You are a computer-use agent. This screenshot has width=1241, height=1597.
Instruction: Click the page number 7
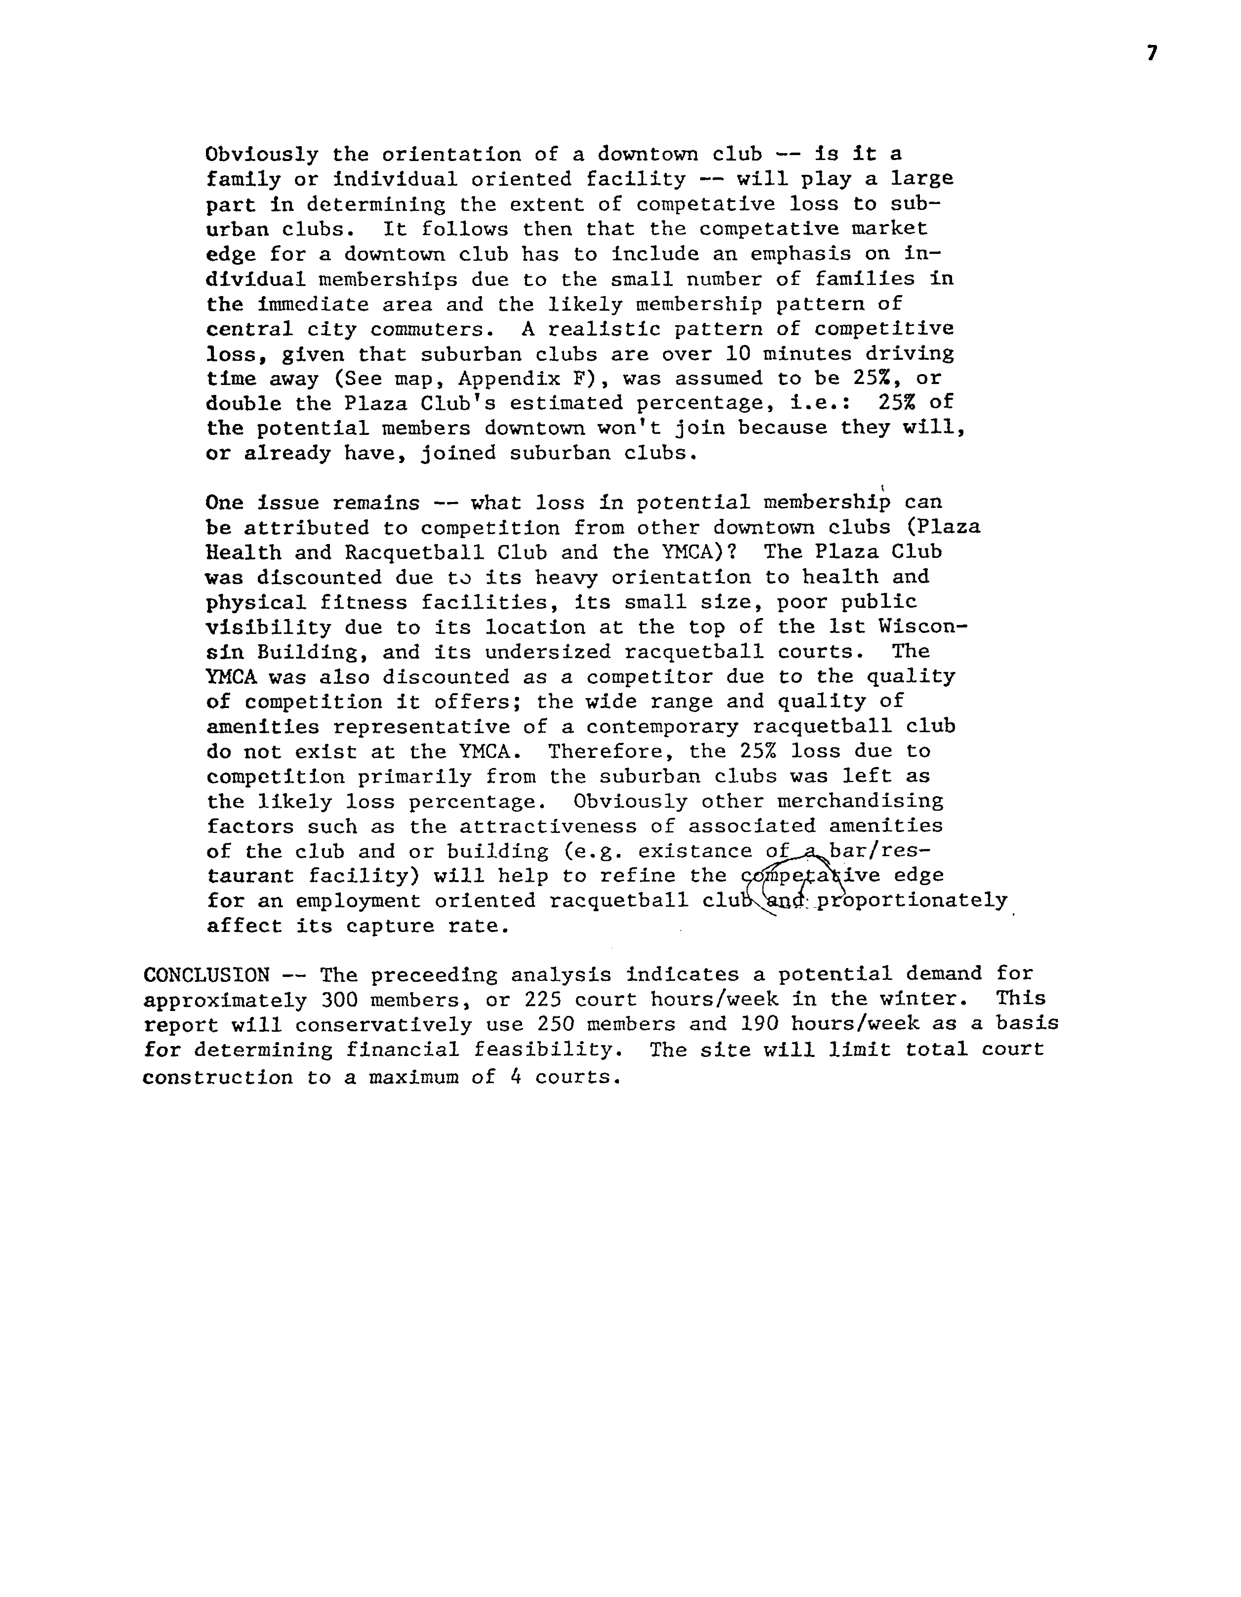tap(1152, 53)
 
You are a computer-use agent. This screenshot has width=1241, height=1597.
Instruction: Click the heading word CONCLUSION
tap(206, 975)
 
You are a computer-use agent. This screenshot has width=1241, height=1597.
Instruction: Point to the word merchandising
tap(860, 801)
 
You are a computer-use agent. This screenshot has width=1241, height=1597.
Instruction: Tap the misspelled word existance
tap(695, 851)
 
